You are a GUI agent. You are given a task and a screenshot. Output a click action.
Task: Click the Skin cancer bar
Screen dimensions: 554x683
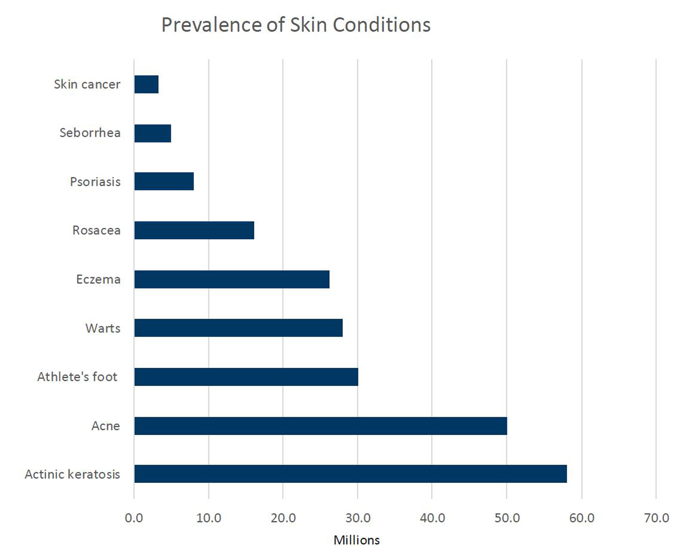tap(146, 84)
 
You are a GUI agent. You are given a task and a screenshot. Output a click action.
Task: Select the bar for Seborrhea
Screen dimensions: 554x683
tap(153, 133)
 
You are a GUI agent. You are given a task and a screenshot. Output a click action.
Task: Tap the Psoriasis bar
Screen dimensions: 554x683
tap(164, 181)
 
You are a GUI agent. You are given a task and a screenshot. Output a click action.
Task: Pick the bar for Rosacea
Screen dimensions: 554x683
tap(194, 230)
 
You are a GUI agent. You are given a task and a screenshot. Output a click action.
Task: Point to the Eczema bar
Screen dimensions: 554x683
tap(232, 279)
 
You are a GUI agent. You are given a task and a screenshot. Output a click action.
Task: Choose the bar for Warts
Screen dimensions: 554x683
tap(238, 328)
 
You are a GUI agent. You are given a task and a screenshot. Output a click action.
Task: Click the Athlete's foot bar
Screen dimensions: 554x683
tap(246, 377)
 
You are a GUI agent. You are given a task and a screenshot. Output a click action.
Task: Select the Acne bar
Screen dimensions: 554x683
tap(321, 426)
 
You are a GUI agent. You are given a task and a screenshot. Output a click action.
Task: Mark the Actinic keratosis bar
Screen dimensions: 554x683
tap(350, 474)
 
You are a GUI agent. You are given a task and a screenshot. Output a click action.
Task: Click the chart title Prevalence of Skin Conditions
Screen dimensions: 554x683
tap(296, 25)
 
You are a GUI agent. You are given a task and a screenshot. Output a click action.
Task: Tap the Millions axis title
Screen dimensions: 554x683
tap(357, 540)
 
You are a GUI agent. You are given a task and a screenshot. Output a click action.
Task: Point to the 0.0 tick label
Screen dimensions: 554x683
tap(134, 518)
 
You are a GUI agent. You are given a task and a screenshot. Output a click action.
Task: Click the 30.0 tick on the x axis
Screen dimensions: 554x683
tap(358, 518)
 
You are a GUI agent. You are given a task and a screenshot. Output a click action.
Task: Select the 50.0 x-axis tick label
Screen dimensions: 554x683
tap(507, 518)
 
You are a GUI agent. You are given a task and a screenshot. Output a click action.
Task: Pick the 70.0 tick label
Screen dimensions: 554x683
tap(656, 518)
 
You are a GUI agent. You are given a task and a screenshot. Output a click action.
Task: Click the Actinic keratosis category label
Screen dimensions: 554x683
tap(72, 474)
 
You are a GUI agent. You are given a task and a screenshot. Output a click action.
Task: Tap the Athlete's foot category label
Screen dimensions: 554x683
tap(77, 377)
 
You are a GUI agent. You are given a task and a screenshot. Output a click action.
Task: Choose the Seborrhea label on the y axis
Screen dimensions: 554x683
tap(90, 133)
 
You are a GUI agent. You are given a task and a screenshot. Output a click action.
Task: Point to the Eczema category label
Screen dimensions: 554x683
tap(98, 279)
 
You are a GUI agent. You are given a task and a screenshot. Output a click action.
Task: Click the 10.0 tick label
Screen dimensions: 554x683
tap(209, 518)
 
